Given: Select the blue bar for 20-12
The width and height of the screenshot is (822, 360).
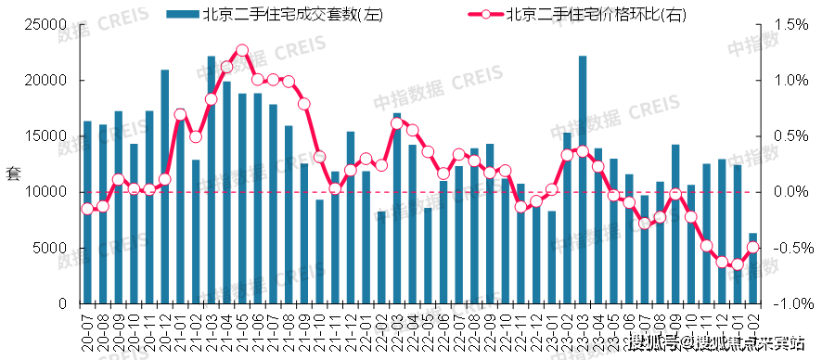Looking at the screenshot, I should click(x=164, y=186).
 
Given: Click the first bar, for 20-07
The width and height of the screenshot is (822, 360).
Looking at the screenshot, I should click(x=87, y=212).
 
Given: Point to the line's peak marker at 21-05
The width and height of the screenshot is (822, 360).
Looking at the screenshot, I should click(x=242, y=50).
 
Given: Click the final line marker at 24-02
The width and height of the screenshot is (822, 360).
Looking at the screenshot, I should click(x=753, y=247).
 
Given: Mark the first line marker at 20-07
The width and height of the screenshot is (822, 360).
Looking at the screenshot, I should click(x=87, y=209).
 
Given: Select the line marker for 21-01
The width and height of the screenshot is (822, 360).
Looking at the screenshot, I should click(x=180, y=115).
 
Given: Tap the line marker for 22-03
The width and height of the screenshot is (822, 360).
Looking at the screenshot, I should click(x=397, y=123).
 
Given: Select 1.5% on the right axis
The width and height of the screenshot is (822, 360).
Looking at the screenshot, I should click(x=785, y=25).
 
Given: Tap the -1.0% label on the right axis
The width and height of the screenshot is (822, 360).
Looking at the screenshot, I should click(x=783, y=304).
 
